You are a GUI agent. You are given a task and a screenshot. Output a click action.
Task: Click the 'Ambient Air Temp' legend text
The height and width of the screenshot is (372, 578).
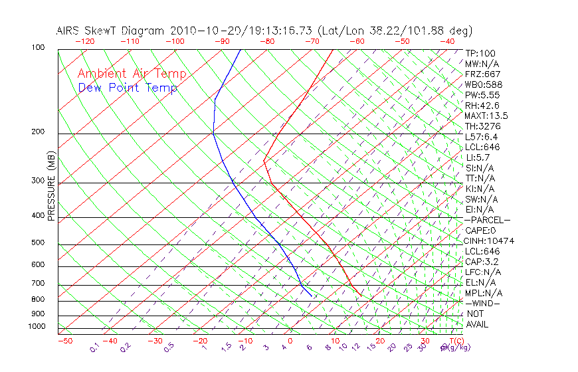coord(132,74)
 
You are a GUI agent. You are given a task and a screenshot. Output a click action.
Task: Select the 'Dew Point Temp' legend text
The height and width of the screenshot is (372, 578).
coord(128,88)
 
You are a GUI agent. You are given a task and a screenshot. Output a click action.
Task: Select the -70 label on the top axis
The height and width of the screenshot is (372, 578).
coord(312,41)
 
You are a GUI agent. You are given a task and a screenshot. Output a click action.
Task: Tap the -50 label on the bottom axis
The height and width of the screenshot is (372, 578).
coord(64,341)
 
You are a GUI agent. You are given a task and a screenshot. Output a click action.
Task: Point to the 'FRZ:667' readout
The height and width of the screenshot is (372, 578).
coord(483,74)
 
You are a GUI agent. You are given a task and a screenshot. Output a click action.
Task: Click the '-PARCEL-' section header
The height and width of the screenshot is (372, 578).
coord(488,220)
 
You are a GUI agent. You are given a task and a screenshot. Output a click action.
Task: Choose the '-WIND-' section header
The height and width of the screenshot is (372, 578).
coord(482,303)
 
